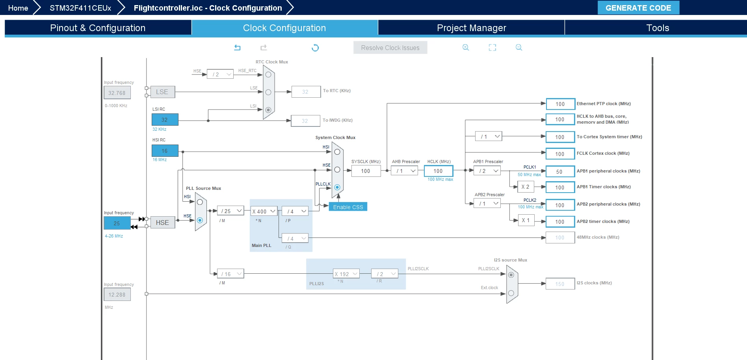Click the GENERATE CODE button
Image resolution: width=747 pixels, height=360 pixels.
pyautogui.click(x=638, y=8)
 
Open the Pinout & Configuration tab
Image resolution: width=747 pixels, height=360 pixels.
pyautogui.click(x=98, y=28)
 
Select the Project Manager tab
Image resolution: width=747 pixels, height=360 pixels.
pyautogui.click(x=471, y=28)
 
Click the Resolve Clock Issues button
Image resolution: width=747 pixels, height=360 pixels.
pyautogui.click(x=390, y=48)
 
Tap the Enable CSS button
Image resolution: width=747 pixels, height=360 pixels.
pyautogui.click(x=348, y=207)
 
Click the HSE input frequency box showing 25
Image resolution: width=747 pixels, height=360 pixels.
pyautogui.click(x=117, y=223)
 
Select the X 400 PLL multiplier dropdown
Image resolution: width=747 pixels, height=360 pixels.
pyautogui.click(x=264, y=211)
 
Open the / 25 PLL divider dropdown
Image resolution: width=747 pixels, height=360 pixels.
pyautogui.click(x=231, y=211)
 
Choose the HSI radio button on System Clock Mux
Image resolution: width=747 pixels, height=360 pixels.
pyautogui.click(x=337, y=152)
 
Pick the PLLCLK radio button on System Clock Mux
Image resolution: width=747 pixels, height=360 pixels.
pyautogui.click(x=337, y=187)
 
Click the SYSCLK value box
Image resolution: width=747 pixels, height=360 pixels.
pyautogui.click(x=366, y=171)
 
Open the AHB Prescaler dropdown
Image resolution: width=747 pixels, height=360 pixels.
pyautogui.click(x=404, y=171)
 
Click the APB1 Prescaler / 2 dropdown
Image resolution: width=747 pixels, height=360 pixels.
pyautogui.click(x=487, y=171)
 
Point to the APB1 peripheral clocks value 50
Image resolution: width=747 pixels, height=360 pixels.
pyautogui.click(x=560, y=171)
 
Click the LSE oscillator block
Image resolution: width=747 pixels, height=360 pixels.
pyautogui.click(x=162, y=92)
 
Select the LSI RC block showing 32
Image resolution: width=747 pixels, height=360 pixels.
pyautogui.click(x=165, y=119)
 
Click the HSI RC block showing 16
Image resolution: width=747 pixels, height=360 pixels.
pyautogui.click(x=165, y=150)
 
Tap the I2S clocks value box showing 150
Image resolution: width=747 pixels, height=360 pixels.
pyautogui.click(x=560, y=284)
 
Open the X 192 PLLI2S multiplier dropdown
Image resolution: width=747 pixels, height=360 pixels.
pyautogui.click(x=346, y=274)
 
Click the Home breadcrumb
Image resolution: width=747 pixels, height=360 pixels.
pyautogui.click(x=18, y=8)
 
